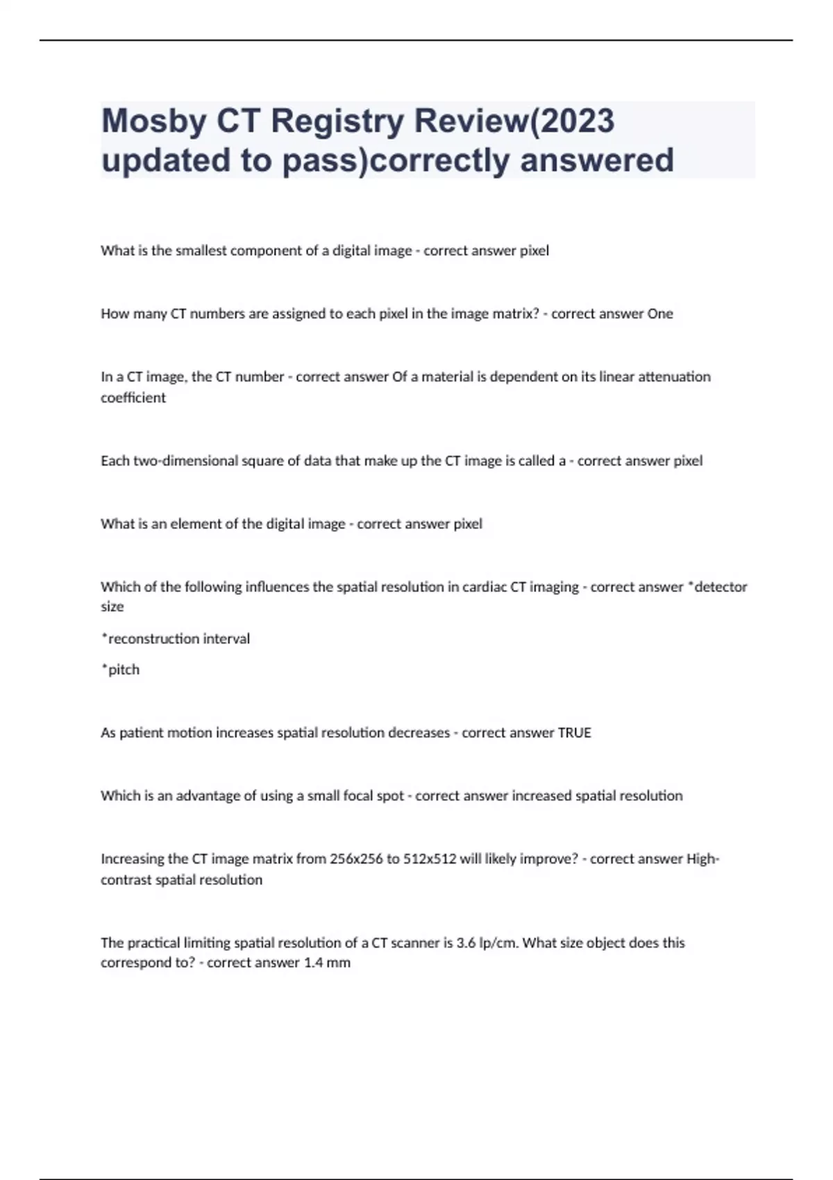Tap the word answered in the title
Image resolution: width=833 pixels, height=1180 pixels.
[x=596, y=160]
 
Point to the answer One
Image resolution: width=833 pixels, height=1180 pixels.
[x=660, y=314]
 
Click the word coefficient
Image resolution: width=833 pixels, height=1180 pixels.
[x=133, y=398]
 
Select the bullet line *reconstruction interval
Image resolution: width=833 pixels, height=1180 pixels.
[x=176, y=639]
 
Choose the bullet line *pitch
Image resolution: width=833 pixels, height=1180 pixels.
[x=120, y=670]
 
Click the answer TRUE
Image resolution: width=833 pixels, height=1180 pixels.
[x=574, y=733]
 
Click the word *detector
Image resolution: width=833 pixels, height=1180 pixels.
[x=717, y=587]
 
